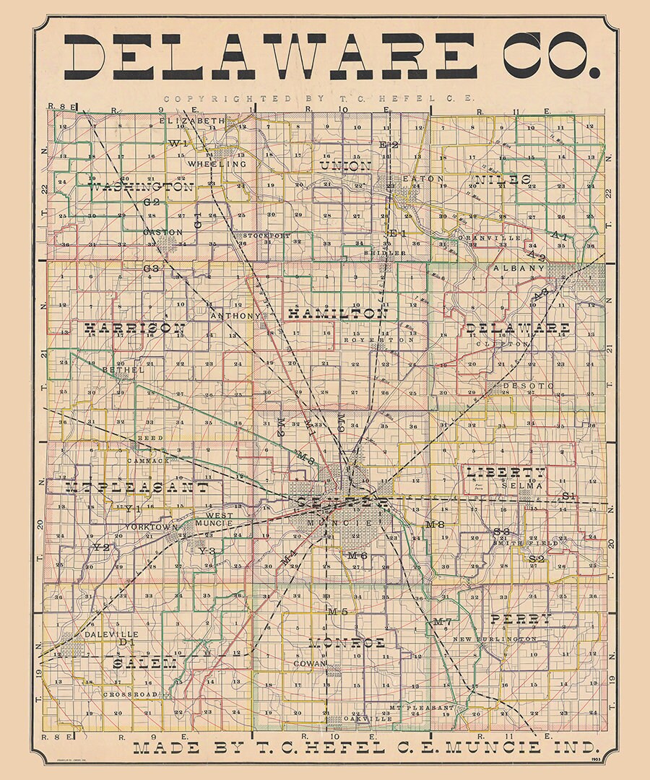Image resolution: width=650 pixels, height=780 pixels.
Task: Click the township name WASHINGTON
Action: [x=141, y=187]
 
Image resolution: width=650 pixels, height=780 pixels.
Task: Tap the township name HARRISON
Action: [x=135, y=329]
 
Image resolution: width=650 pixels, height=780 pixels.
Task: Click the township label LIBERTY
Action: [x=506, y=472]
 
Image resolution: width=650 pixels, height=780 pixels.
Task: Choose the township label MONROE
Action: [x=347, y=643]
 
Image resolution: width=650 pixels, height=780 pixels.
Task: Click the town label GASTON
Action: [x=162, y=232]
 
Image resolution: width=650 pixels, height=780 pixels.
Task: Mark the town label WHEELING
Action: [x=217, y=165]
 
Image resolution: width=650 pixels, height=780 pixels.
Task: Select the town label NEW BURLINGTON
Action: [x=495, y=639]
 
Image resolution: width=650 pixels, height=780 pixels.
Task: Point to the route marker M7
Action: [x=442, y=622]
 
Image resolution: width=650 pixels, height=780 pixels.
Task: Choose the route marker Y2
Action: [x=101, y=548]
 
